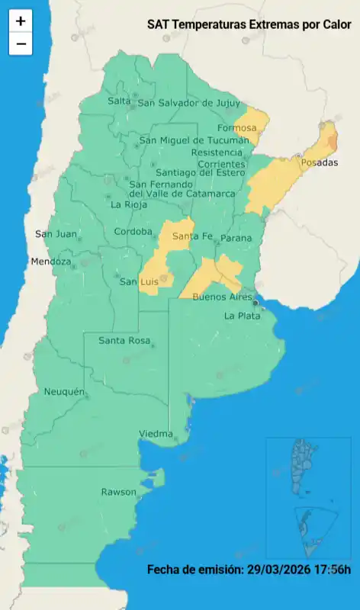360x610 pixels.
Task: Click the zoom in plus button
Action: (x=21, y=21)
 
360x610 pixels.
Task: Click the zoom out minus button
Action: (x=21, y=44)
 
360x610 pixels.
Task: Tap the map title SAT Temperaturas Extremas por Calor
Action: (x=249, y=24)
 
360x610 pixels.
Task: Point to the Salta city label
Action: (x=119, y=101)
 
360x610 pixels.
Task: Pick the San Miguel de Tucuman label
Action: (x=194, y=140)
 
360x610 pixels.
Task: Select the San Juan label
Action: (x=56, y=234)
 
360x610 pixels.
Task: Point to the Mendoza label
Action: (x=51, y=262)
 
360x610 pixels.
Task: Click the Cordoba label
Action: (x=133, y=232)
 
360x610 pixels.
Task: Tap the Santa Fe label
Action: (x=191, y=236)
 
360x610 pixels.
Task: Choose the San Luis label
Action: (x=138, y=282)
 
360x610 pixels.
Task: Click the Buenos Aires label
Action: (x=222, y=296)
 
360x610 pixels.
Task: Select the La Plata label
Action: (x=243, y=316)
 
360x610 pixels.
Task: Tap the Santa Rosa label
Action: (x=124, y=340)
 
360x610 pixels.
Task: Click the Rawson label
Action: (x=118, y=492)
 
